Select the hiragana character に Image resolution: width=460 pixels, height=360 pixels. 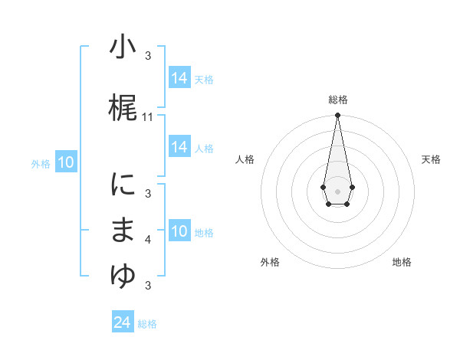tap(123, 185)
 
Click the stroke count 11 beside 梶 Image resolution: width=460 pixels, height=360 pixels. tap(148, 117)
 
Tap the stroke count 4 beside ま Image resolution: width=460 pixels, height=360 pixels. tap(148, 240)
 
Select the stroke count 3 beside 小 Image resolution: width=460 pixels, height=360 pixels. tap(148, 56)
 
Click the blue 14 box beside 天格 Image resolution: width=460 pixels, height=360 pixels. tap(179, 78)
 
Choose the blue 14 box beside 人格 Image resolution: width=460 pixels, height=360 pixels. tap(179, 147)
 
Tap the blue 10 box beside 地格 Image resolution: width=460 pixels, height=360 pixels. tap(179, 231)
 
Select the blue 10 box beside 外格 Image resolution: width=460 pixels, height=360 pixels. tap(65, 162)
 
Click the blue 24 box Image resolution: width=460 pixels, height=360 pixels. tap(122, 322)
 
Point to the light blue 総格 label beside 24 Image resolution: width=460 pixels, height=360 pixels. tap(147, 324)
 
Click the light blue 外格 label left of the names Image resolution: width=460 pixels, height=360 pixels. tap(41, 163)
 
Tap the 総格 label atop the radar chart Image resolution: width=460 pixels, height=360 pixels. tap(337, 100)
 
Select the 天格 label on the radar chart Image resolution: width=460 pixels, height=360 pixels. tap(431, 159)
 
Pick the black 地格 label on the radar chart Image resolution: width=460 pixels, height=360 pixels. tap(402, 262)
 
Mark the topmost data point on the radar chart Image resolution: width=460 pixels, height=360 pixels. tap(337, 116)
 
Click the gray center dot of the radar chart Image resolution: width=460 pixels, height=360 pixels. tap(337, 190)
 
